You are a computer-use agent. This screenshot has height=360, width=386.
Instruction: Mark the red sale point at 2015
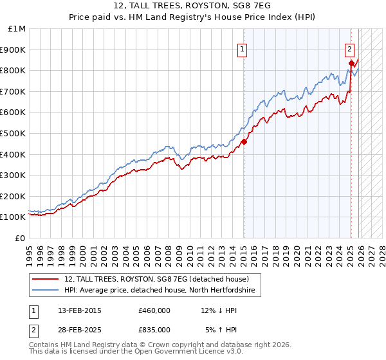pos(244,141)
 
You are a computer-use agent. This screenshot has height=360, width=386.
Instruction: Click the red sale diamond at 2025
pos(351,63)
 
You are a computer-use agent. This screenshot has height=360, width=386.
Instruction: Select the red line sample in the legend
pos(46,279)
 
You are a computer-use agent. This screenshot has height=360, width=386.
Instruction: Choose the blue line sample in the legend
pos(46,291)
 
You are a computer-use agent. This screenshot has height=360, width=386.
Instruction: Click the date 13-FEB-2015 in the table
pos(80,310)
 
